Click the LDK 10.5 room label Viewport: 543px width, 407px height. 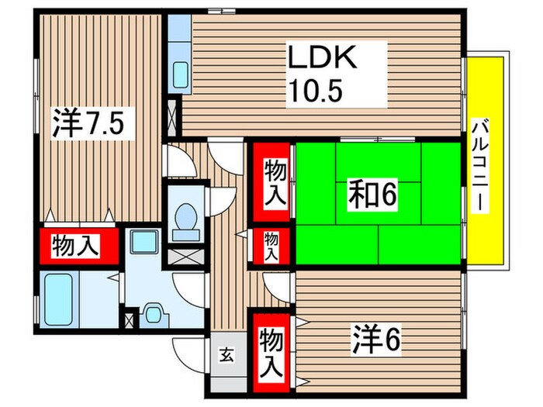click(324, 73)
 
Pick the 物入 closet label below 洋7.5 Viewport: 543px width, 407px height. click(76, 247)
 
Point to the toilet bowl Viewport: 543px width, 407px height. click(185, 218)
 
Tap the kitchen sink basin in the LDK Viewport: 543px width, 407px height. click(179, 76)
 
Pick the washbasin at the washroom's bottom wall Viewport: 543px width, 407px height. click(154, 314)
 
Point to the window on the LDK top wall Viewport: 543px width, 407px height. click(217, 11)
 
